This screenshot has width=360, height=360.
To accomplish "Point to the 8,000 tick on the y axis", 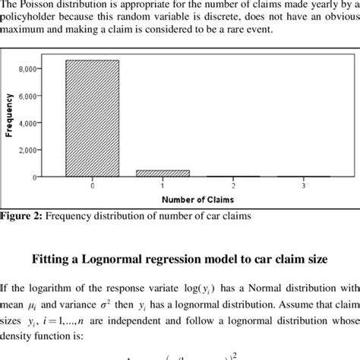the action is (x=26, y=69).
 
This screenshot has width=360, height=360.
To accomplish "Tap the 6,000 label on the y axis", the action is (x=26, y=96).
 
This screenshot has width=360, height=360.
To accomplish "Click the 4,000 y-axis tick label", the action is (x=26, y=123).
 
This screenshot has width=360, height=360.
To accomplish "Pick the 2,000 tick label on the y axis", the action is (x=26, y=150).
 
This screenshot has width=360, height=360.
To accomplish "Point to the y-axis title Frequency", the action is (x=9, y=114).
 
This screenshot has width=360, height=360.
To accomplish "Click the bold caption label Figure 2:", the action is (x=21, y=216).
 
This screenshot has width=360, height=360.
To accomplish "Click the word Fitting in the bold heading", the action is (x=53, y=259).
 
